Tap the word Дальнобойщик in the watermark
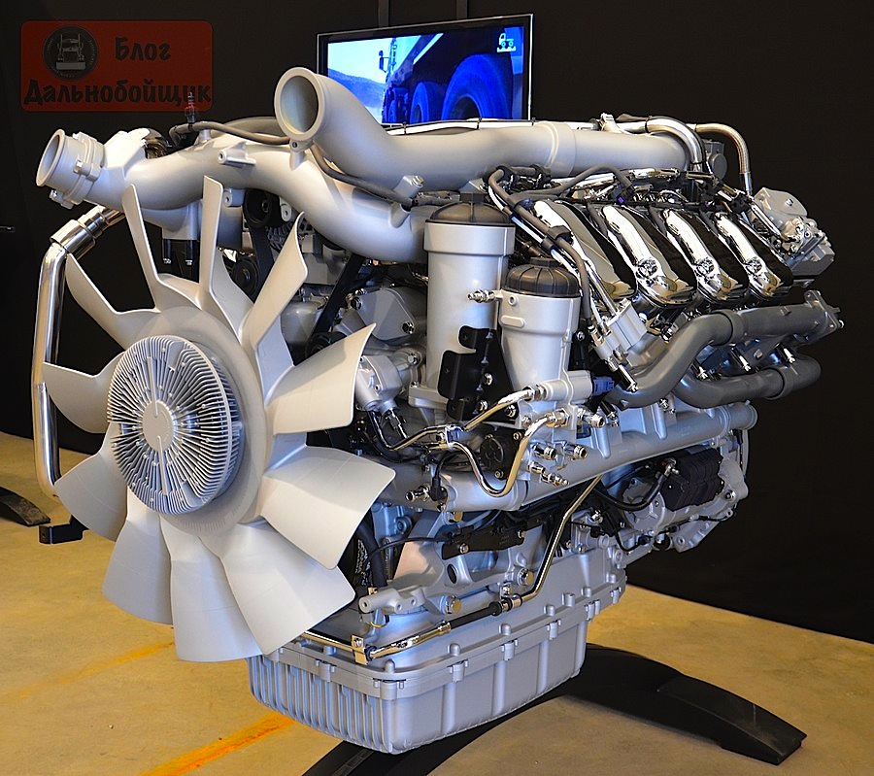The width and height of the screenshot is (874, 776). tap(118, 92)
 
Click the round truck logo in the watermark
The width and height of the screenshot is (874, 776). tap(70, 52)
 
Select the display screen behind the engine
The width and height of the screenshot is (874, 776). tap(424, 71)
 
